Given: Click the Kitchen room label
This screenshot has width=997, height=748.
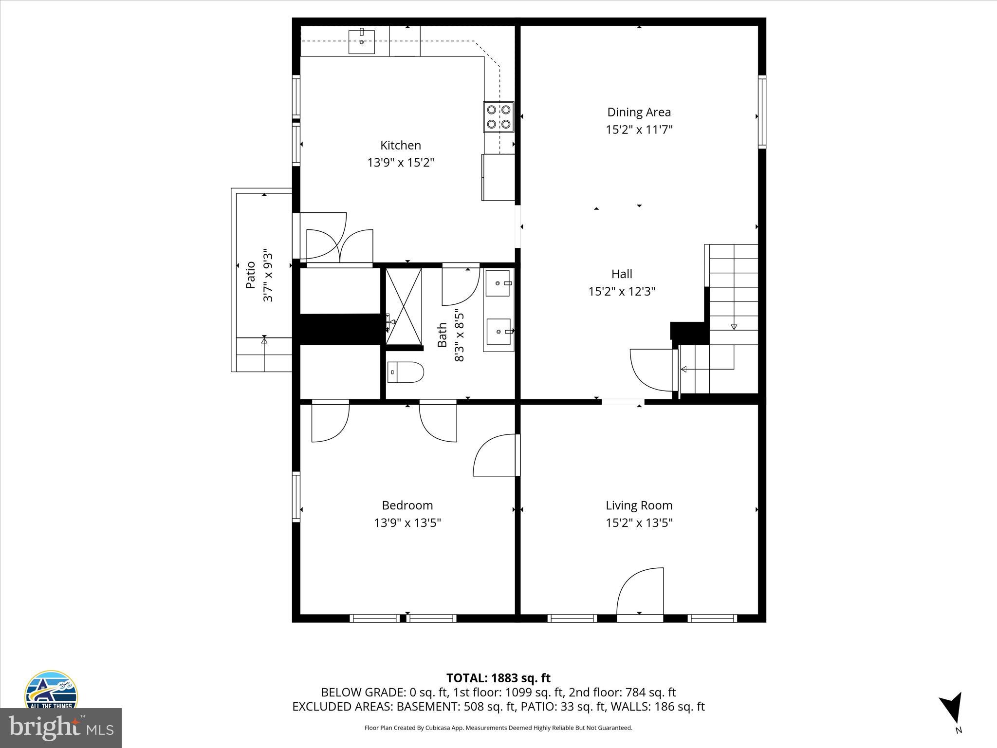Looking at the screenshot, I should [400, 145].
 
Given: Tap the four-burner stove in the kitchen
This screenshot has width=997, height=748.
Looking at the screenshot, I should [498, 117].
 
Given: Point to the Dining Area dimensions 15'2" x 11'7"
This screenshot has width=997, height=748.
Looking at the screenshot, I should [639, 130].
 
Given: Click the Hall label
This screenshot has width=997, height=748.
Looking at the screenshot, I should [622, 274].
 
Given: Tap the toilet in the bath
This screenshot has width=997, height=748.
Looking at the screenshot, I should [406, 373].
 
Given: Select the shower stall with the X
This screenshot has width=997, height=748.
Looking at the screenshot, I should [404, 306].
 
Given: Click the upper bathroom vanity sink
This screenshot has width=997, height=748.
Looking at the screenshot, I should [498, 283].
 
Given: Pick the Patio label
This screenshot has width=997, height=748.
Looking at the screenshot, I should [251, 275].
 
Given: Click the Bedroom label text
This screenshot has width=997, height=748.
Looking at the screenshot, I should [407, 505].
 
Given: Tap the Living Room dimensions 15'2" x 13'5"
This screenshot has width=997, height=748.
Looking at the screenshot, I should [639, 523].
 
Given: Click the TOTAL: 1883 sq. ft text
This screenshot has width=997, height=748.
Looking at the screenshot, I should [498, 678].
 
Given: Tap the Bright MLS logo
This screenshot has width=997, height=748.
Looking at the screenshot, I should [60, 728].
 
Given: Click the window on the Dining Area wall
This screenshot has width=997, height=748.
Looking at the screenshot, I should [762, 112].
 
